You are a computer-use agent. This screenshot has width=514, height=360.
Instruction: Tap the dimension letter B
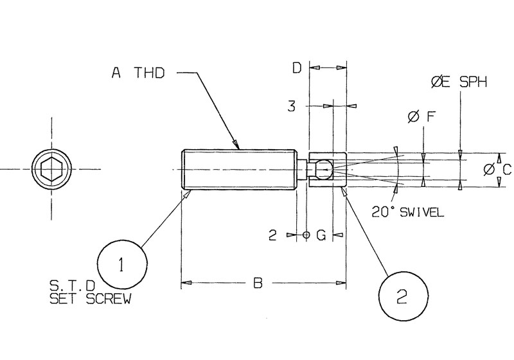(258, 282)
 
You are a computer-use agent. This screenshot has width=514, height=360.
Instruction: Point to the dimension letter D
(297, 67)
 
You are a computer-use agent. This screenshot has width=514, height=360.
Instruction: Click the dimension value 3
(291, 107)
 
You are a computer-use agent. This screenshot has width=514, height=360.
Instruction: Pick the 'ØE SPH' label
(459, 82)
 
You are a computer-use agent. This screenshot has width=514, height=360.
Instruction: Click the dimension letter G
(321, 235)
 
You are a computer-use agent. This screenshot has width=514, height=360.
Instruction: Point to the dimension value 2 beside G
(272, 235)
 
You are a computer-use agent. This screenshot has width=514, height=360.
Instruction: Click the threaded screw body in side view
(238, 170)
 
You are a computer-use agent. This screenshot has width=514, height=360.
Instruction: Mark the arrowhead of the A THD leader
(236, 145)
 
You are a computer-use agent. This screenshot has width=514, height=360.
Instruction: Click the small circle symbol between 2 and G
(306, 235)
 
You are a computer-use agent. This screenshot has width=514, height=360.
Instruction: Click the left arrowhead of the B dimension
(185, 282)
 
